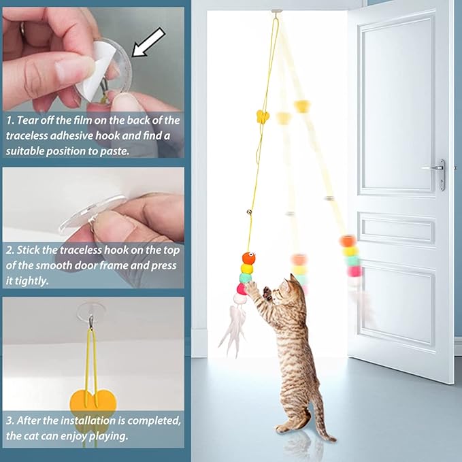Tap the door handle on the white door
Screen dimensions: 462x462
(435, 167)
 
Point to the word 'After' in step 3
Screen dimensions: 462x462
(34, 420)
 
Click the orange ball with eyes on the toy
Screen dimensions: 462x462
(248, 259)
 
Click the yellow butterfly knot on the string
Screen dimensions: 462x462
(263, 116)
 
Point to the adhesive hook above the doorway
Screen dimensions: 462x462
(276, 12)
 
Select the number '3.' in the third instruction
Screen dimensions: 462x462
(10, 420)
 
